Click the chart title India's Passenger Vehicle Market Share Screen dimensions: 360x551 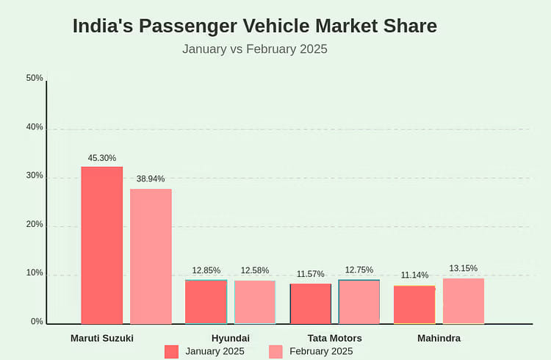254,26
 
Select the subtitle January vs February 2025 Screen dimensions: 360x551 254,49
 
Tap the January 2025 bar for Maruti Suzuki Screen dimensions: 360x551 102,245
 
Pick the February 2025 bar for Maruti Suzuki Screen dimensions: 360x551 151,256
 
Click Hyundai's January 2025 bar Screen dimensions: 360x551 206,301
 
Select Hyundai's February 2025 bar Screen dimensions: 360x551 255,302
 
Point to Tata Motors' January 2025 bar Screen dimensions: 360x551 311,303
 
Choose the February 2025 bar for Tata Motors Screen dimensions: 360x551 359,301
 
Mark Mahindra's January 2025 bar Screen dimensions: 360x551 414,304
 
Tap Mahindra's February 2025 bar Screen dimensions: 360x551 464,300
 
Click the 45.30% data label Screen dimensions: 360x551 102,158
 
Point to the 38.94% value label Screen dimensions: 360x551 151,179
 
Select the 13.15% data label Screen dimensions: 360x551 464,268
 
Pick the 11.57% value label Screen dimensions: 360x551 311,274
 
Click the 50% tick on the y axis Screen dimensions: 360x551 35,78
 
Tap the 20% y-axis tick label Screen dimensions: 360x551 35,224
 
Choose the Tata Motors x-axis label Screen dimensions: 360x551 334,338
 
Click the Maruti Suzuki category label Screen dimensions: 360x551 102,338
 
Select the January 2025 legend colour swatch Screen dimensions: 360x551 171,351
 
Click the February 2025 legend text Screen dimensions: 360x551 321,351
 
